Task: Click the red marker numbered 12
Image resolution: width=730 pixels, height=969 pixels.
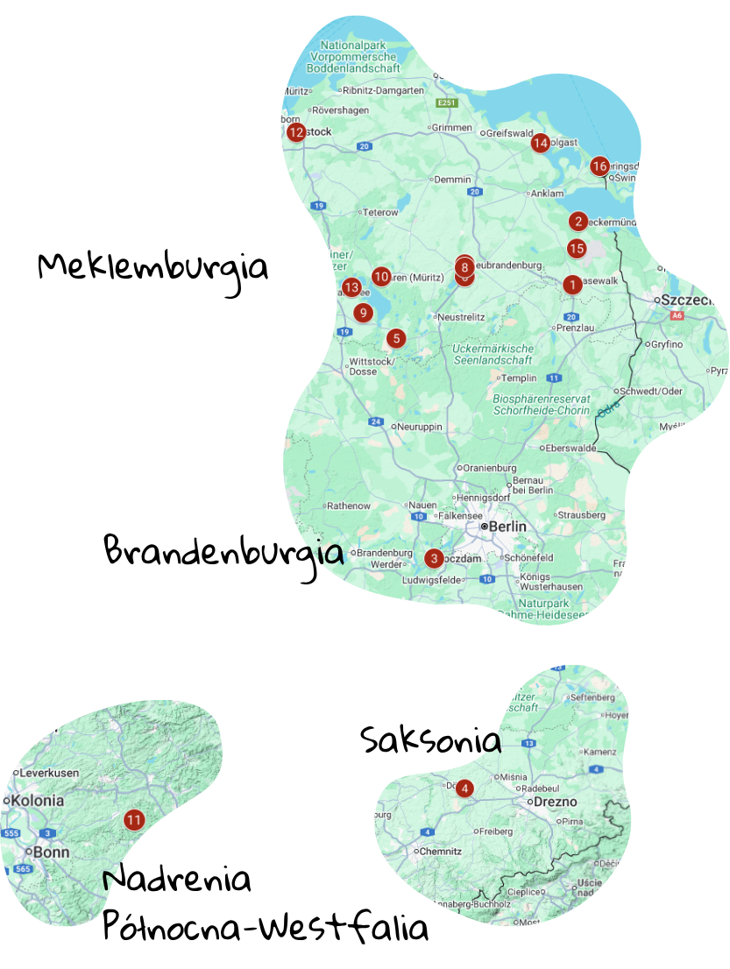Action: (295, 132)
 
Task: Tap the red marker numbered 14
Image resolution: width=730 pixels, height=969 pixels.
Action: (540, 143)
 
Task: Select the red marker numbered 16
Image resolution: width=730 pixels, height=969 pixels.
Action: (599, 166)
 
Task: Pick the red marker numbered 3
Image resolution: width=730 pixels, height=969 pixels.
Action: (433, 558)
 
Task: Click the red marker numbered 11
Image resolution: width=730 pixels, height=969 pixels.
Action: (134, 820)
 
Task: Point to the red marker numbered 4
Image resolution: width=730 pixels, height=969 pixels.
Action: (464, 789)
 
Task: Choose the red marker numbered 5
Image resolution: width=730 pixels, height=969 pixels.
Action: (397, 337)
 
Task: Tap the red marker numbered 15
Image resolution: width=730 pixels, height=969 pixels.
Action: (576, 249)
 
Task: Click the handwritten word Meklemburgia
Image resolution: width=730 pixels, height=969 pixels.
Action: (152, 265)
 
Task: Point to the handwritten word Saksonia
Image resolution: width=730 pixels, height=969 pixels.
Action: (430, 740)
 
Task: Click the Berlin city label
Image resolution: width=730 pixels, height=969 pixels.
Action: (507, 527)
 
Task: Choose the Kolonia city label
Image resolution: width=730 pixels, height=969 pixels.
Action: (37, 800)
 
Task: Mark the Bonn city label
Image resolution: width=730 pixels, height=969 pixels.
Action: (46, 852)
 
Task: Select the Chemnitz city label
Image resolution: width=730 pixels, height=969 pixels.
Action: (440, 851)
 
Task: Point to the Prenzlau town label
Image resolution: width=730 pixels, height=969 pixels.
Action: (576, 328)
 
